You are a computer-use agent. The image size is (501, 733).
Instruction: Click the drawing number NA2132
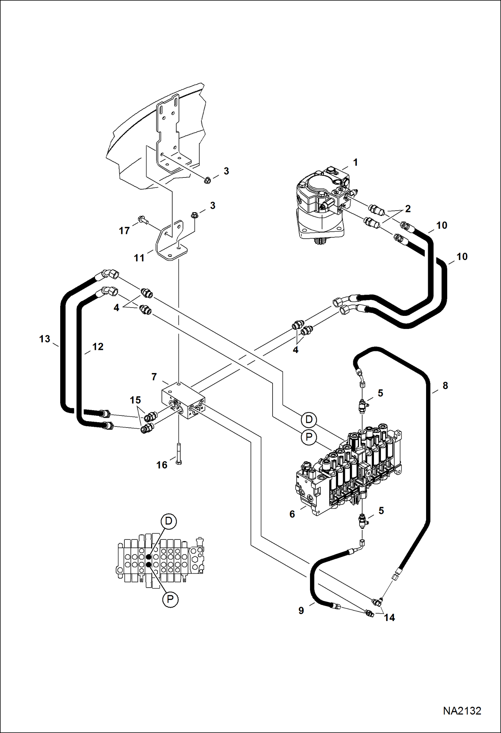click(x=462, y=711)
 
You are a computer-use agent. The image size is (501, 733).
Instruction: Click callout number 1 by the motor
click(x=356, y=162)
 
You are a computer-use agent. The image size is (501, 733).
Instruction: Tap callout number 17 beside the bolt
click(x=124, y=231)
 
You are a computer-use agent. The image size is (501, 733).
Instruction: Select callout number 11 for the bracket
click(x=139, y=258)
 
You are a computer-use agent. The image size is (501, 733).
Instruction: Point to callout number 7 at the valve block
click(x=154, y=377)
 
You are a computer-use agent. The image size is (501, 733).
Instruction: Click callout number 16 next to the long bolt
click(x=162, y=465)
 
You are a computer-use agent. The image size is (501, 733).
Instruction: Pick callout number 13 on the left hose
click(x=44, y=339)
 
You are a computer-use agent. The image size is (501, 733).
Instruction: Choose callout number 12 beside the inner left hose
click(x=98, y=347)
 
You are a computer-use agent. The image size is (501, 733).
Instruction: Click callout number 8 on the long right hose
click(x=445, y=386)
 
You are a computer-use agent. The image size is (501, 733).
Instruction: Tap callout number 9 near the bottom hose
click(x=301, y=611)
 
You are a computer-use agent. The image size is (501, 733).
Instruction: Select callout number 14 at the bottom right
click(x=389, y=618)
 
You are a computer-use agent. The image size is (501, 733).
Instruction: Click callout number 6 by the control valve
click(x=292, y=514)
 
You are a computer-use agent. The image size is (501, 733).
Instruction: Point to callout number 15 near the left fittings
click(x=135, y=400)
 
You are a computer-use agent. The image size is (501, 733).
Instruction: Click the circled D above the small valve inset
click(x=169, y=521)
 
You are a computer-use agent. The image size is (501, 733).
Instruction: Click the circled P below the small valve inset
click(x=170, y=600)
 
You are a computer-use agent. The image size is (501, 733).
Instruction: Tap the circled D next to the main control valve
click(x=309, y=419)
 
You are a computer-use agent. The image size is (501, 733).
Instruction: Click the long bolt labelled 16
click(x=179, y=454)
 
